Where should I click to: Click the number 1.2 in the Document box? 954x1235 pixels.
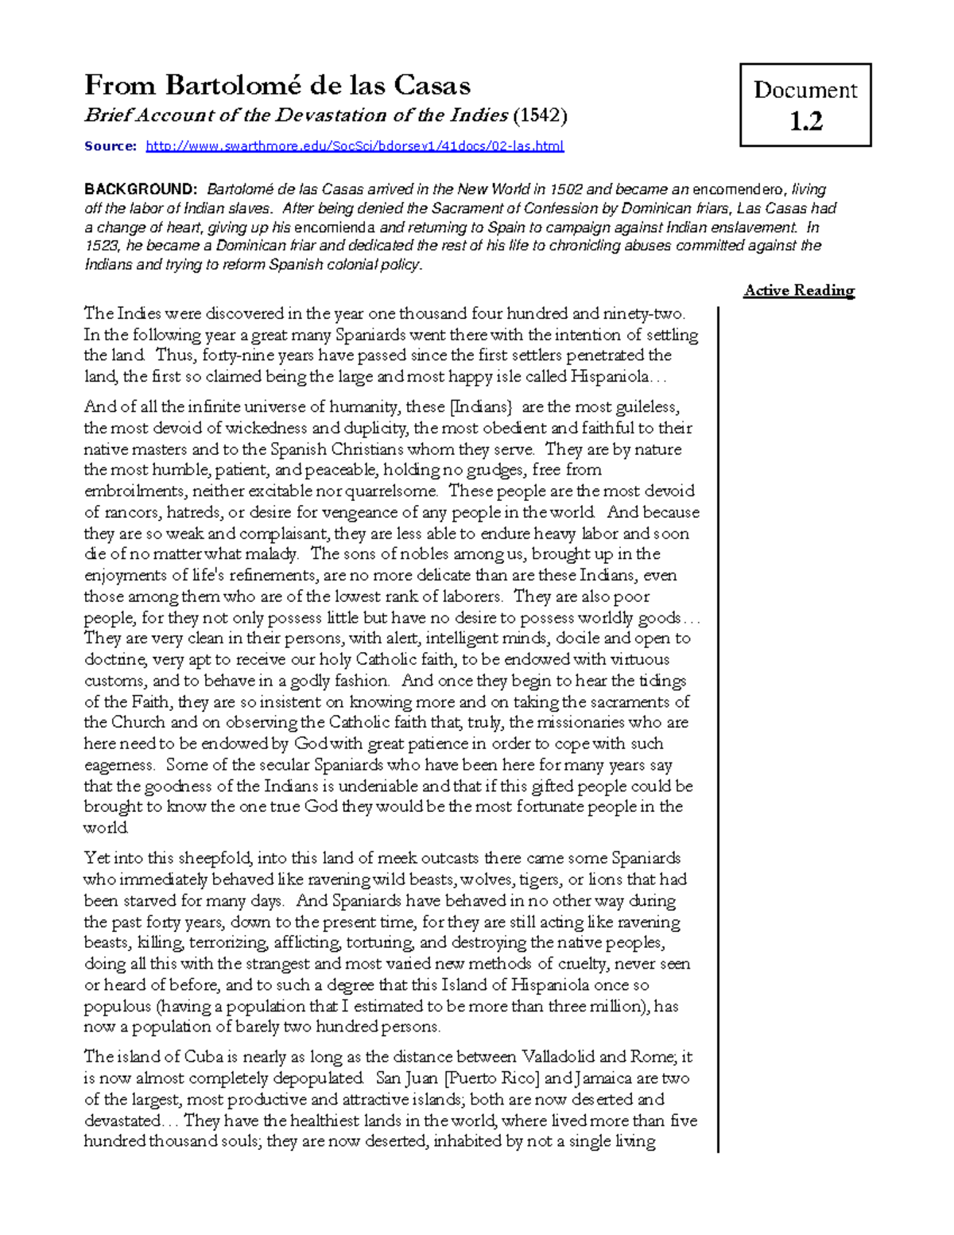click(x=805, y=122)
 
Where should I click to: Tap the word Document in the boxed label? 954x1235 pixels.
click(x=805, y=90)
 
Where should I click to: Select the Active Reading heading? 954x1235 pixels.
click(x=799, y=290)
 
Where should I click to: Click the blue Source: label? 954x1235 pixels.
click(x=111, y=146)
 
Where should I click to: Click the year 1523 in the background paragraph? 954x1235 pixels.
click(x=101, y=246)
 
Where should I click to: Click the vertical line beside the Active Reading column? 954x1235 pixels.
click(x=718, y=716)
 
